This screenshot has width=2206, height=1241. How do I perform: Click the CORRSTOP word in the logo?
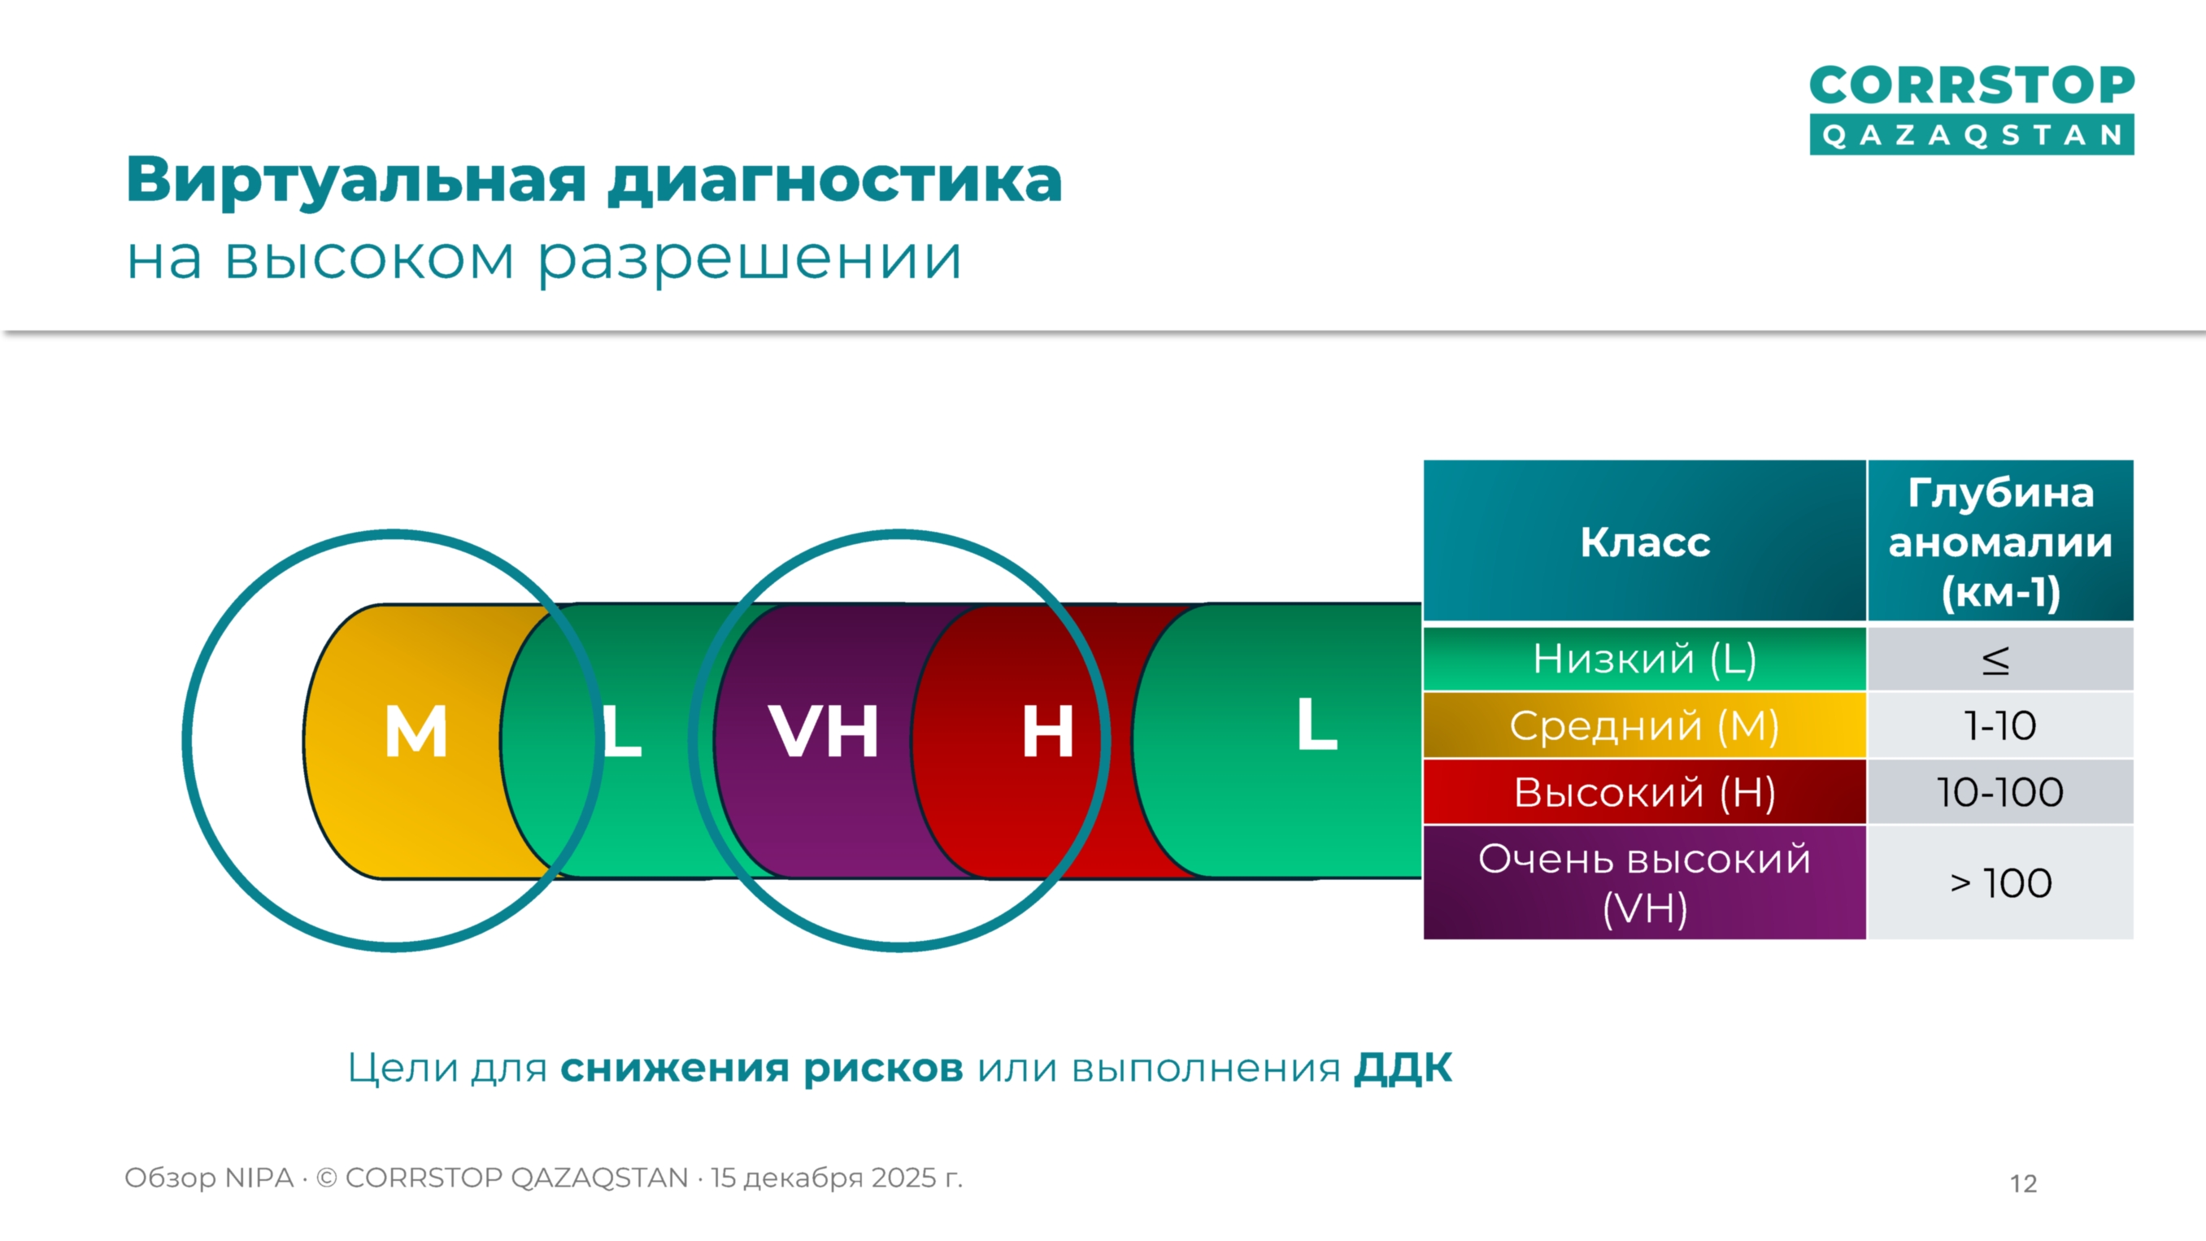1971,85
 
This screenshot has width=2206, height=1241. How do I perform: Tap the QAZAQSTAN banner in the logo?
1971,135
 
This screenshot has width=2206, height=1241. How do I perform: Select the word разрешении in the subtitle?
751,259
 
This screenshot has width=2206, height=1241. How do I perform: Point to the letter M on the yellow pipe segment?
416,731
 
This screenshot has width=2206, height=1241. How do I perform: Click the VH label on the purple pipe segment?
824,731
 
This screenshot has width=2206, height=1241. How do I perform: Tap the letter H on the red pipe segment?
1047,731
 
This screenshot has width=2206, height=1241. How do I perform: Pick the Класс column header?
1644,542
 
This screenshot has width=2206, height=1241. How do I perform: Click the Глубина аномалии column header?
2000,542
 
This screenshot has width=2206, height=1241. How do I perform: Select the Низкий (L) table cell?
1644,659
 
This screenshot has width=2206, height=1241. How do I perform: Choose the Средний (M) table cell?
1644,725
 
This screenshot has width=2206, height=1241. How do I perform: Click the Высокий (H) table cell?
1644,792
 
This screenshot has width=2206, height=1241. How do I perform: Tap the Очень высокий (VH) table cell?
1644,883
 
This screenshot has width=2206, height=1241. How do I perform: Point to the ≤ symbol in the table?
1996,660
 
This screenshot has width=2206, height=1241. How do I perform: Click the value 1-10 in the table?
2000,726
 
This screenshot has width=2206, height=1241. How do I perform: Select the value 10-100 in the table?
2000,792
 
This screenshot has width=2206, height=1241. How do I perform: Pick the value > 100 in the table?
2000,883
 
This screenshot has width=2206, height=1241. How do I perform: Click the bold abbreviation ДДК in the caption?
1403,1068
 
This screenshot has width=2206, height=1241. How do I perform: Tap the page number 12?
2024,1183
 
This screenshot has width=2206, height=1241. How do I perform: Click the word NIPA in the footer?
259,1178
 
